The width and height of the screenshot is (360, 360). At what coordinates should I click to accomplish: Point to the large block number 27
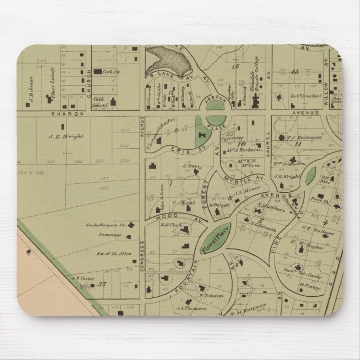(x=102, y=283)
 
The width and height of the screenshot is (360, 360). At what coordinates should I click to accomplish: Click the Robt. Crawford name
(x=305, y=96)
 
